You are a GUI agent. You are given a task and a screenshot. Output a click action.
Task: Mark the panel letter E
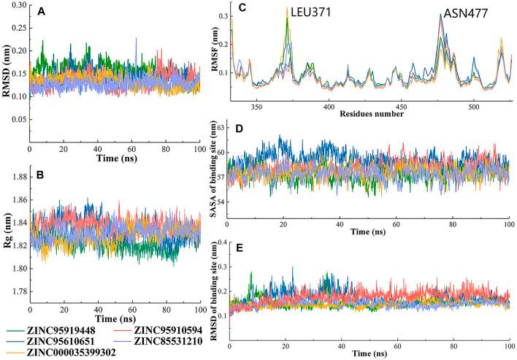coord(240,248)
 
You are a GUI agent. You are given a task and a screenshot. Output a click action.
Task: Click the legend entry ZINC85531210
coord(169,340)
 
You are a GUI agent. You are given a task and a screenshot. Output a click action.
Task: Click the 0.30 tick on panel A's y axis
coord(16,6)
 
